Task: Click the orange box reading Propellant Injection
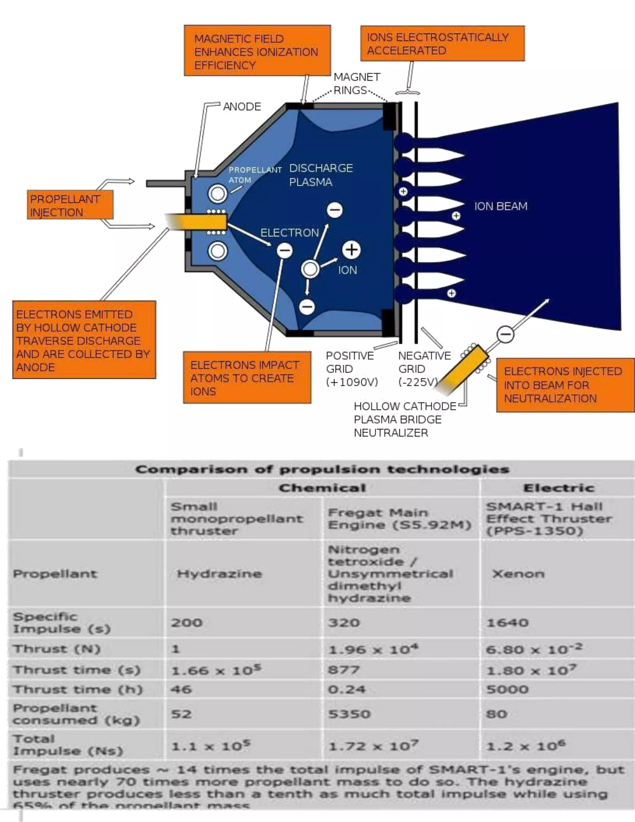coord(70,205)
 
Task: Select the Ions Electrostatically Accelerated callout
coord(442,43)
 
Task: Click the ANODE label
coord(242,106)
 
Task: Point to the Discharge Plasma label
coord(321,175)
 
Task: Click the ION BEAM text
coord(500,206)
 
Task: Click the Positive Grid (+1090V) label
coord(351,369)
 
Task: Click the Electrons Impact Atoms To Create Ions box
coord(247,377)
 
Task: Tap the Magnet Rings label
coord(356,83)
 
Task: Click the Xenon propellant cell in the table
coord(518,574)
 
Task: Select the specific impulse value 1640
coord(507,623)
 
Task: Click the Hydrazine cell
coord(219,574)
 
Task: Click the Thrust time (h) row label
coord(78,690)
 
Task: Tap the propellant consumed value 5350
coord(349,714)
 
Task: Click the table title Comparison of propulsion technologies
coord(322,469)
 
